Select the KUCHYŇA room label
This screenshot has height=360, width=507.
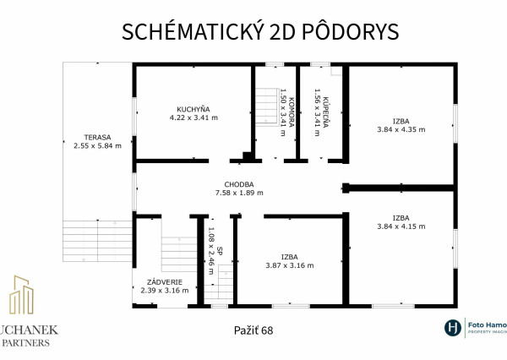coord(194,108)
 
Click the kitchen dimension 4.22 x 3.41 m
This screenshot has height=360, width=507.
coord(194,118)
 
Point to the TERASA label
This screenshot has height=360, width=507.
coord(97,136)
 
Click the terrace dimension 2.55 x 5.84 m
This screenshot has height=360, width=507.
coord(97,146)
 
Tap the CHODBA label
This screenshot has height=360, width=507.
coord(239,183)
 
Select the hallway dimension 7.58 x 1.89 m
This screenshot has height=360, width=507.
coord(239,194)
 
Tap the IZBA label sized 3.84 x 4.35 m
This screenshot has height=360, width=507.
coord(401,120)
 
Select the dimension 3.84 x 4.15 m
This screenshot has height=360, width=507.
coord(401,226)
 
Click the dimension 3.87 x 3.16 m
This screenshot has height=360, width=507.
coord(290,265)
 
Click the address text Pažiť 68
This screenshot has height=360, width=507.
coord(253,330)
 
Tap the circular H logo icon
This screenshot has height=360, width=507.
coord(453,328)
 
